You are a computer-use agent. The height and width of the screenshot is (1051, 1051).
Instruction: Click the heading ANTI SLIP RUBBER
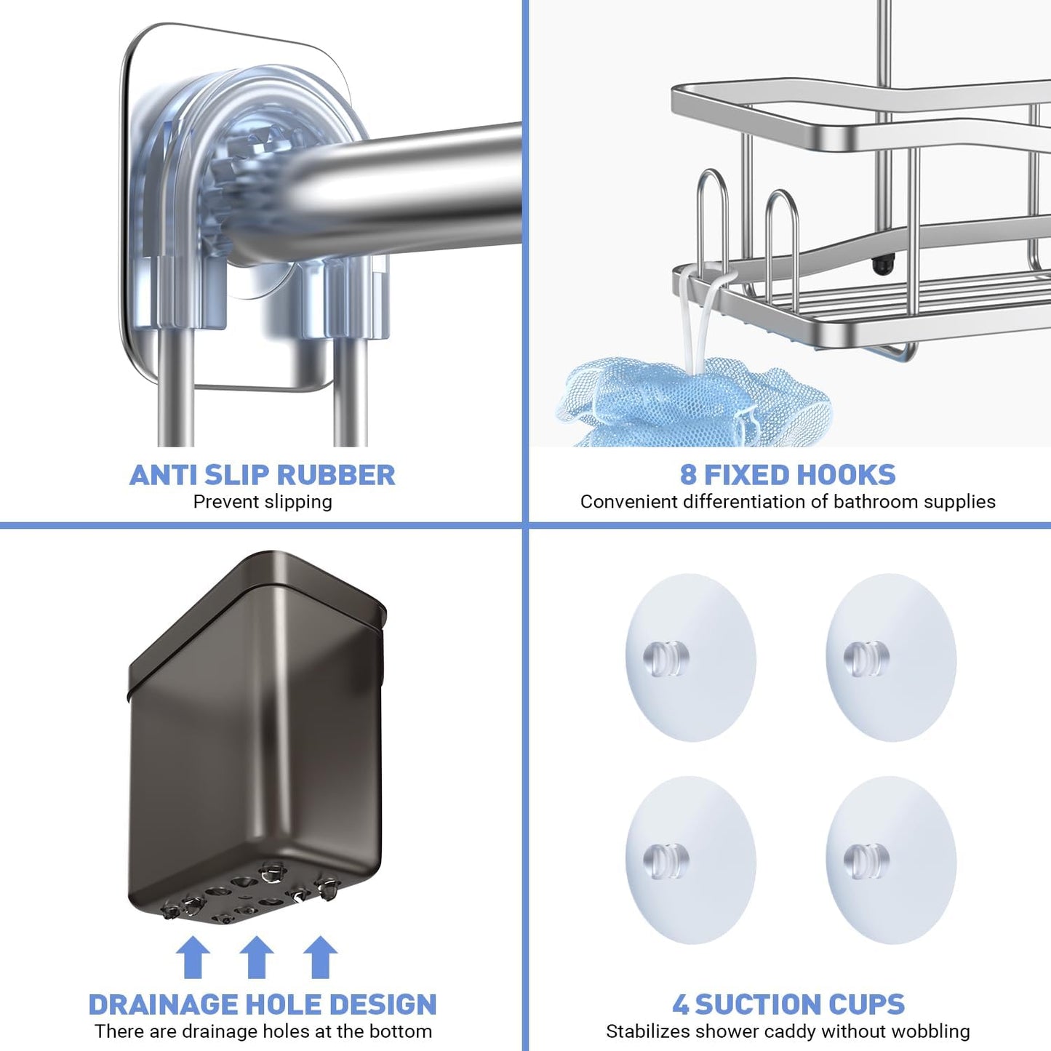pyautogui.click(x=262, y=475)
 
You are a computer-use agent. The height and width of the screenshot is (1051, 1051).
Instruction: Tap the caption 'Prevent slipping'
pyautogui.click(x=263, y=502)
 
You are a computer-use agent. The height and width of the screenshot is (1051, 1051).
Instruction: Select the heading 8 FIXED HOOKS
pyautogui.click(x=788, y=475)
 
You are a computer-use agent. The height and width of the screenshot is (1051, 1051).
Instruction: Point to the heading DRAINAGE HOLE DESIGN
pyautogui.click(x=262, y=1004)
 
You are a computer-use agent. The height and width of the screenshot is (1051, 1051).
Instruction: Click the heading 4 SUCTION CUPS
pyautogui.click(x=788, y=1004)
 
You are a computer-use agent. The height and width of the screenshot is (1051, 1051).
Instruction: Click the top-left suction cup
pyautogui.click(x=690, y=658)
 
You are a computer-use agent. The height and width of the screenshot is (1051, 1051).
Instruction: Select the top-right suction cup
pyautogui.click(x=891, y=658)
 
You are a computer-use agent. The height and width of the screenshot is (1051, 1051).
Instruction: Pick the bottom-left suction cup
pyautogui.click(x=690, y=860)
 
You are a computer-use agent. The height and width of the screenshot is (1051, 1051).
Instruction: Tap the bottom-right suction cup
pyautogui.click(x=891, y=860)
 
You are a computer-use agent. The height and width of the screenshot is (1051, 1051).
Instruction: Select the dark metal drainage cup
pyautogui.click(x=256, y=735)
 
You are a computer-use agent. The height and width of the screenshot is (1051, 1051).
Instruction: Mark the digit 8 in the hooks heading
pyautogui.click(x=688, y=475)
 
